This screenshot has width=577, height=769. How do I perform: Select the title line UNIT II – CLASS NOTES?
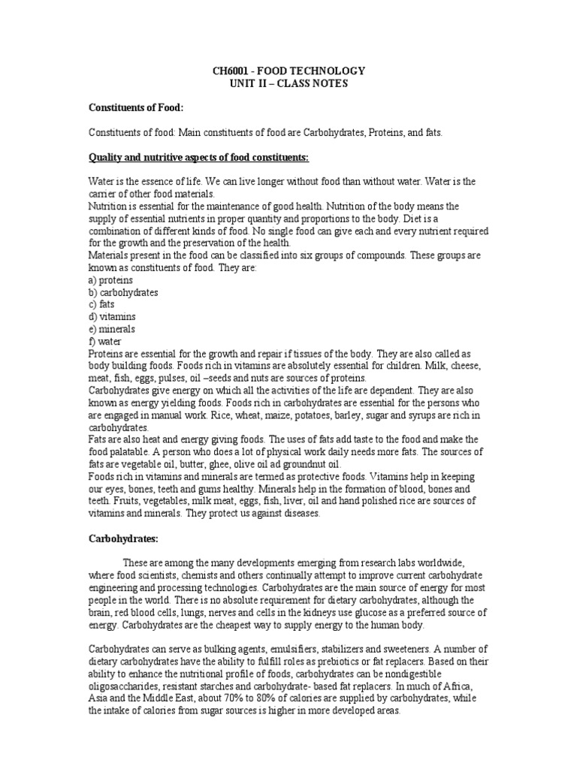click(288, 83)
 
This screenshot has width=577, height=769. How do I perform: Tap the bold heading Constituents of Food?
click(136, 107)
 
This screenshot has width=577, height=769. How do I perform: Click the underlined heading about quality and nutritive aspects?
click(199, 156)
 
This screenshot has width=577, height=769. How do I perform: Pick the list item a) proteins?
click(110, 279)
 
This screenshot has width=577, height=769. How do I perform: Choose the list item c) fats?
click(101, 304)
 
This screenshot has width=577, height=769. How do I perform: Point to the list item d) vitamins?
click(111, 316)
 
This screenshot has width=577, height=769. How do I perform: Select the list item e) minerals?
click(112, 329)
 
